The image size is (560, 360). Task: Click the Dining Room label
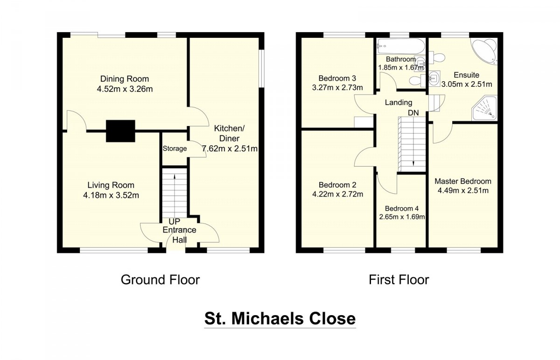point(125,79)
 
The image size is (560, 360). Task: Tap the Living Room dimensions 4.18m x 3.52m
point(111,195)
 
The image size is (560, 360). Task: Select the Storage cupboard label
point(175,148)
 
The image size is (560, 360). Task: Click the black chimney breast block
point(120,131)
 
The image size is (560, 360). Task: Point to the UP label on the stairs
point(174,222)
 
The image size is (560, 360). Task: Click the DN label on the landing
point(413,113)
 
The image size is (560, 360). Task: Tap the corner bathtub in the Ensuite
point(484,52)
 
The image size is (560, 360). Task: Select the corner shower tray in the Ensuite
point(484,108)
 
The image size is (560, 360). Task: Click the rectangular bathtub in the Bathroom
point(401,46)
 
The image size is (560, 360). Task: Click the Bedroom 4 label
point(402,208)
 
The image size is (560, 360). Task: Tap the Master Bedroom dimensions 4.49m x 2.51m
point(463,191)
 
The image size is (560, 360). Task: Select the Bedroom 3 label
point(337,78)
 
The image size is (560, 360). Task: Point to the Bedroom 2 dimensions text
point(337,194)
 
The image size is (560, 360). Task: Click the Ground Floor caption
point(160,280)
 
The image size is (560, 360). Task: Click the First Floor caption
point(399,280)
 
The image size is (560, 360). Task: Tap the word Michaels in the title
point(267,318)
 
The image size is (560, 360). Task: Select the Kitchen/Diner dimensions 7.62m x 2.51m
point(230,148)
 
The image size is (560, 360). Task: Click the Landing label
point(399,102)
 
